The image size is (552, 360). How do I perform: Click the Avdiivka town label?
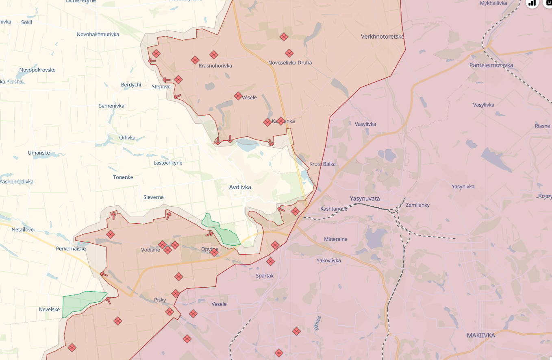240,187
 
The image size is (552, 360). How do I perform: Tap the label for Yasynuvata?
365,198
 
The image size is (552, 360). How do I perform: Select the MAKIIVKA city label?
481,335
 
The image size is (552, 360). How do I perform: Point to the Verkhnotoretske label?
382,37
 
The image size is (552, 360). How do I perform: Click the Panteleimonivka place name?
491,65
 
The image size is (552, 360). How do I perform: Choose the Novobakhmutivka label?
98,34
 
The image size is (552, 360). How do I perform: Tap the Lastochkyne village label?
168,163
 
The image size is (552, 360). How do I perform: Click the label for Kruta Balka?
322,164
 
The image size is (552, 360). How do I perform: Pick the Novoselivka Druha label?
290,63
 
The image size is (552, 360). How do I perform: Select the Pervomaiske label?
71,249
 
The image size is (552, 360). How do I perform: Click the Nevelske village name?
49,309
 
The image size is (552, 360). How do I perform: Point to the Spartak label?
265,276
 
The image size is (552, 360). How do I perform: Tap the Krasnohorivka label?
215,65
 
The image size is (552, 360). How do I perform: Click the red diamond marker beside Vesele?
238,96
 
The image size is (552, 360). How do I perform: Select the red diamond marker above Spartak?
270,262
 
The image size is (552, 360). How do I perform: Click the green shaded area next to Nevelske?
81,302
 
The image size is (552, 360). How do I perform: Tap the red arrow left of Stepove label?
166,80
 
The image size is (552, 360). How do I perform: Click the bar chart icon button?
532,3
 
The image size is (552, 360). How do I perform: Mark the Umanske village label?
39,153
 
